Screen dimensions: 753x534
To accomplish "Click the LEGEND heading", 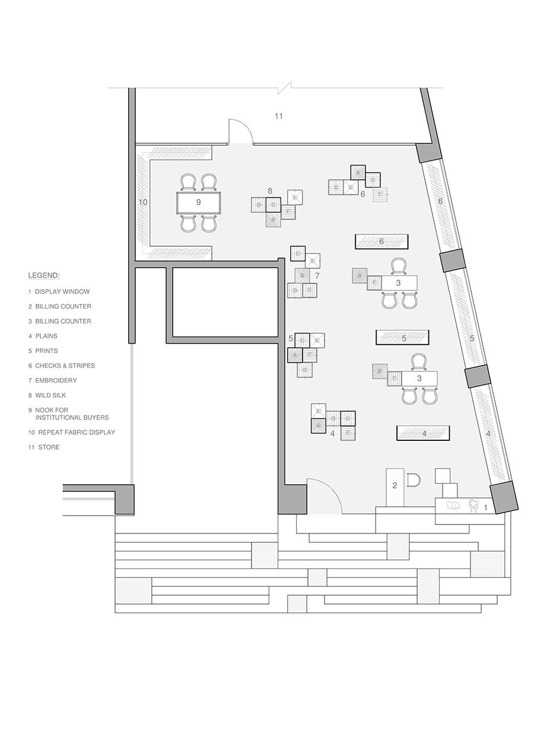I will [x=44, y=276].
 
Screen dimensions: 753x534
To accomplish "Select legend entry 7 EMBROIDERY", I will [x=55, y=380].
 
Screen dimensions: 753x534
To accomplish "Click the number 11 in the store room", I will [x=278, y=116].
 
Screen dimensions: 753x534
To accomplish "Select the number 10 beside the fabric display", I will [x=142, y=202].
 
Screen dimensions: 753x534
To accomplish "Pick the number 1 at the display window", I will [x=485, y=508].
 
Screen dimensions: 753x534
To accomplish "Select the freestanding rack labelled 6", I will [x=382, y=242].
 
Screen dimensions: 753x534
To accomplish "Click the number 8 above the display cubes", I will [x=269, y=191].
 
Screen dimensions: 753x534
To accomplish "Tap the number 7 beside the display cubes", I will [x=317, y=276].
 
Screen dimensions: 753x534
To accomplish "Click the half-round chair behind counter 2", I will [x=414, y=479].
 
